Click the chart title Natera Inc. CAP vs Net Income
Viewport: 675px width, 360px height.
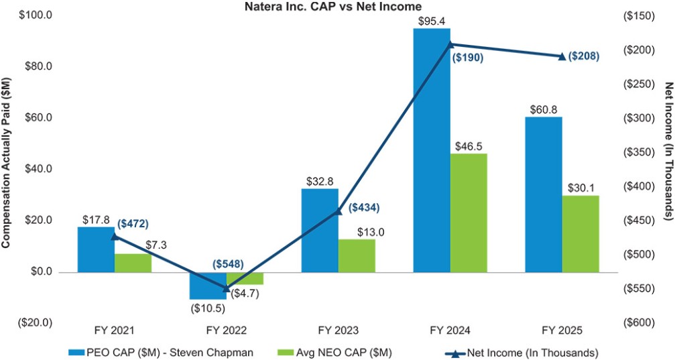[333, 7]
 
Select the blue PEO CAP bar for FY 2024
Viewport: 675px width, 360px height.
[432, 150]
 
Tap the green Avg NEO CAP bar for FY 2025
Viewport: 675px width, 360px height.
[580, 234]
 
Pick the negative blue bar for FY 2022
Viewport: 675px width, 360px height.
[208, 286]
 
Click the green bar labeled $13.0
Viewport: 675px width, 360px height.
[357, 256]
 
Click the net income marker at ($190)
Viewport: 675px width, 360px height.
[450, 44]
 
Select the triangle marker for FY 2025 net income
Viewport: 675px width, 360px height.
[562, 56]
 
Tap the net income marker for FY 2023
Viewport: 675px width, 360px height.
[338, 211]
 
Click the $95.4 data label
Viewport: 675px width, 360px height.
[432, 21]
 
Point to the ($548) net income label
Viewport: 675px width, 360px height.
[227, 264]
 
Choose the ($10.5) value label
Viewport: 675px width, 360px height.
[208, 308]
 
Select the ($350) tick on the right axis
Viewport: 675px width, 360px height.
[637, 152]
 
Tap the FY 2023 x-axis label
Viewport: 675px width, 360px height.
[339, 331]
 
